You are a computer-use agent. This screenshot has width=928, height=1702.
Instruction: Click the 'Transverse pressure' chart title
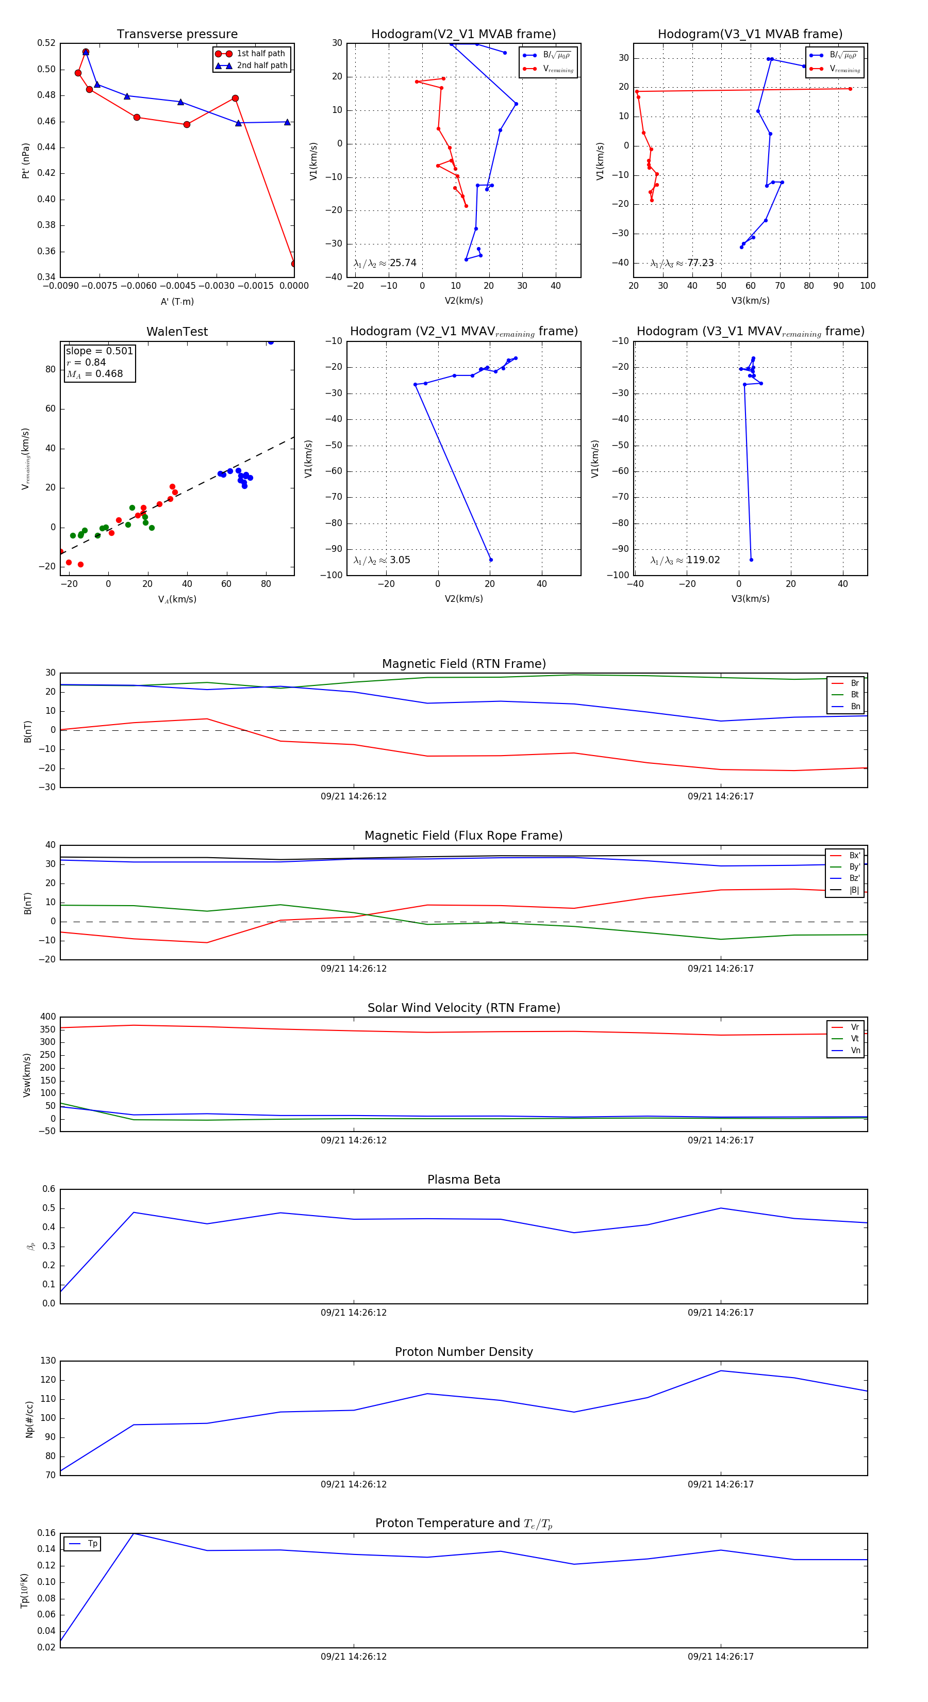point(177,35)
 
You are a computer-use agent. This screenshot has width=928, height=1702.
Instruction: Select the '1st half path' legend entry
point(261,54)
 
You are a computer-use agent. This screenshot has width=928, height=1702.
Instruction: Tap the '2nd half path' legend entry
point(261,66)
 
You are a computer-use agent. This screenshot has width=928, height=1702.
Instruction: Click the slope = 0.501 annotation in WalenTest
point(99,352)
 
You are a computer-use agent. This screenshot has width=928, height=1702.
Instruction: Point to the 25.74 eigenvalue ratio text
point(403,263)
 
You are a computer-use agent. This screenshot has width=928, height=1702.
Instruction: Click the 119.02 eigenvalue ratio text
point(703,560)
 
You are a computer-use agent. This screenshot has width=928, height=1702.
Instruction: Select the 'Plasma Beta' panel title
point(463,1180)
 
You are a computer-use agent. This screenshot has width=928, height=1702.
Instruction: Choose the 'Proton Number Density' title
point(463,1351)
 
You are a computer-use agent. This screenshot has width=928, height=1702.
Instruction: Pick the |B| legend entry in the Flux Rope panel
point(854,890)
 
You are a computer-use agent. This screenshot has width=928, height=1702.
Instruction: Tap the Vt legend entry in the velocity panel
point(855,1039)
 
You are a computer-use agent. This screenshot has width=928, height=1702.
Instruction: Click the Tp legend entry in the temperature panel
point(92,1544)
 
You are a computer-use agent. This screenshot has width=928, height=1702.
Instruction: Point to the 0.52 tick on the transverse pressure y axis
point(46,43)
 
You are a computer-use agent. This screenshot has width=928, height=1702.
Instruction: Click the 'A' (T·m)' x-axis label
point(177,301)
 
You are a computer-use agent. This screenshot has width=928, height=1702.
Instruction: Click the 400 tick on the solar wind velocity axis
point(47,1017)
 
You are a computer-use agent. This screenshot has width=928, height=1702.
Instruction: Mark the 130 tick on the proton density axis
point(47,1361)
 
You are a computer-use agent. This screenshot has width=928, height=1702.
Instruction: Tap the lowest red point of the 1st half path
point(294,264)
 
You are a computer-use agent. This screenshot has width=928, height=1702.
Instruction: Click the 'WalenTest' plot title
point(177,332)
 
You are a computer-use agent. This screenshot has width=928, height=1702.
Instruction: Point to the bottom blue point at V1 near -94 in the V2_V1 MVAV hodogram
point(490,560)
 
